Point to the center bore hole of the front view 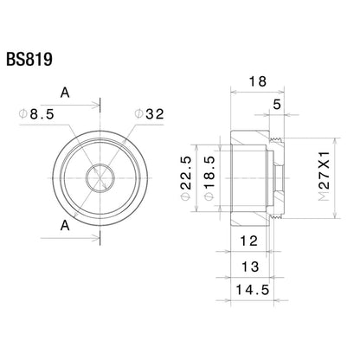(x=101, y=177)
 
